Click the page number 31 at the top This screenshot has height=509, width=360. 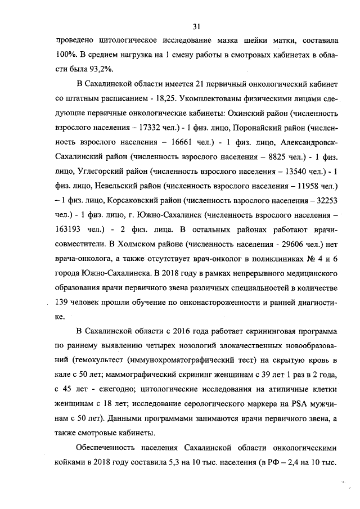click(196, 26)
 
